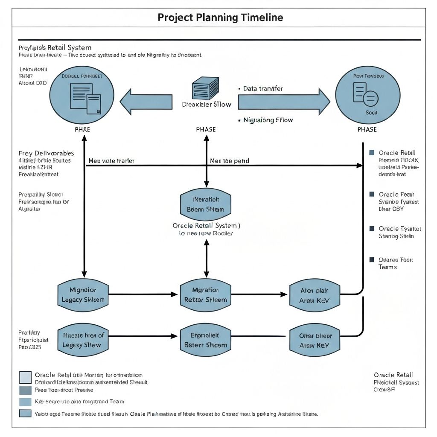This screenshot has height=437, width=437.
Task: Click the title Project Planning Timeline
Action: point(220,17)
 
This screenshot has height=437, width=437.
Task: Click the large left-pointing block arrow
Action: point(146,102)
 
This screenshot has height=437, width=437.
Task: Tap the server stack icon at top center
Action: point(205,88)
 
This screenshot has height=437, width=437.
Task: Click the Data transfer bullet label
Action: point(263,89)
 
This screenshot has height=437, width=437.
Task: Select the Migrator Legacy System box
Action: point(83,294)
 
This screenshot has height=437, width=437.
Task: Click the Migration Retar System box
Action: point(205,294)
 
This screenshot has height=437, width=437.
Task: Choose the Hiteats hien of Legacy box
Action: point(83,340)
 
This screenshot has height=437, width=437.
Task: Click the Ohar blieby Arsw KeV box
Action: point(314,340)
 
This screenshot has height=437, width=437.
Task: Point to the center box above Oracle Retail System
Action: point(205,204)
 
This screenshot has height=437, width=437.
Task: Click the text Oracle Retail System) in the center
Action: point(206,225)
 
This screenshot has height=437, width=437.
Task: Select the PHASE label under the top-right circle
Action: point(367,130)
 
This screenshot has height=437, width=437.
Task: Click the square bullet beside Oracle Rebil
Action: point(371,153)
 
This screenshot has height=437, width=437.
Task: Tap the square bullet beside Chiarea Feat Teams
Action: point(371,259)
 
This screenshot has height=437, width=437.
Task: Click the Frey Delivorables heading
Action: point(46,153)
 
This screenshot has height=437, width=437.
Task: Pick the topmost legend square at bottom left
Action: point(25,377)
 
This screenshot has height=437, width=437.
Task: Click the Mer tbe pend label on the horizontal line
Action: point(230,161)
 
